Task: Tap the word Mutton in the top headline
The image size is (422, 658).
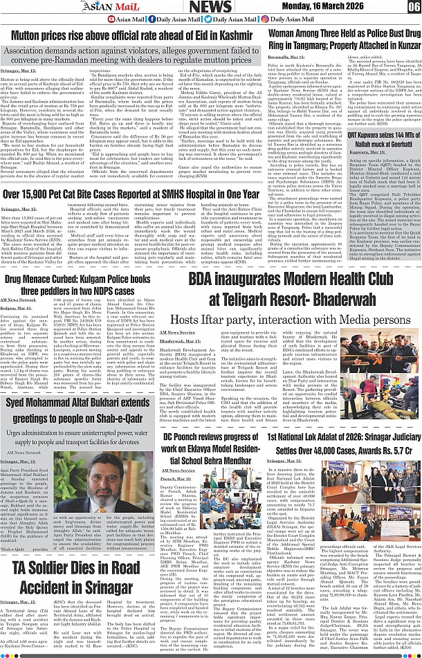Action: tap(29, 35)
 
